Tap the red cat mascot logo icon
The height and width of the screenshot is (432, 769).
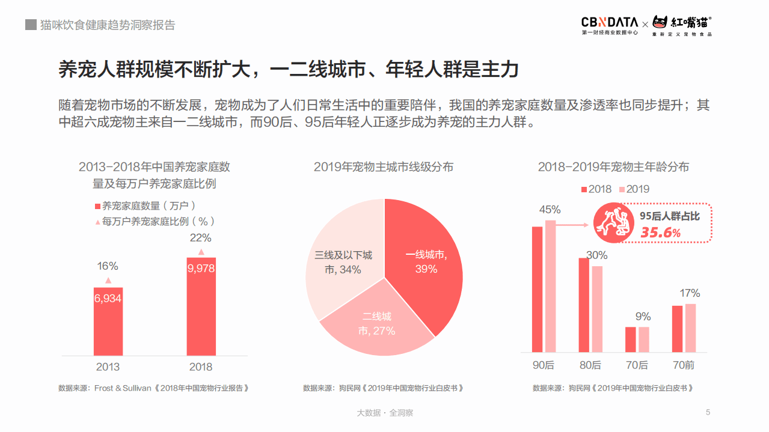(x=661, y=23)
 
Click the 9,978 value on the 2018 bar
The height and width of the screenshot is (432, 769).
(x=201, y=269)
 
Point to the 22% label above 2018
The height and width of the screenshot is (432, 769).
(x=201, y=237)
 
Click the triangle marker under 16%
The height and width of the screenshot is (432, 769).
(x=108, y=281)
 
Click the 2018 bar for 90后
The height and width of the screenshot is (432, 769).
(x=538, y=289)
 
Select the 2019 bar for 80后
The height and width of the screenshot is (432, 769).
(x=597, y=309)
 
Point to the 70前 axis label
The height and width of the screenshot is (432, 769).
(x=684, y=365)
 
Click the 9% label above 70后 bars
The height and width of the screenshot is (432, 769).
(x=643, y=317)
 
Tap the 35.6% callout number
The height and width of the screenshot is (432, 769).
(x=660, y=233)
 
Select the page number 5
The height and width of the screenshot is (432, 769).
(x=708, y=412)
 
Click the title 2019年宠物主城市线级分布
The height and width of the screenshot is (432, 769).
(x=384, y=167)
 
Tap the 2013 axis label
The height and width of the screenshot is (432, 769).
(x=108, y=367)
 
